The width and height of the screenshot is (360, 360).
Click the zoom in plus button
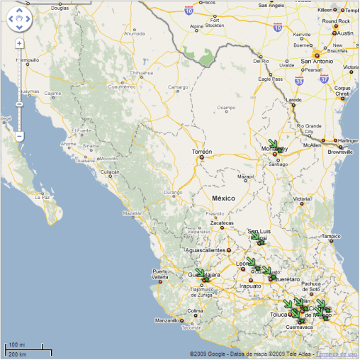(x=19, y=43)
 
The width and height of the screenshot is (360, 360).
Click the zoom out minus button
(x=19, y=135)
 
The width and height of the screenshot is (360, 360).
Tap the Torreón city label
(x=202, y=152)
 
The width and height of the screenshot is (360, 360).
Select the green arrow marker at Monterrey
(x=274, y=145)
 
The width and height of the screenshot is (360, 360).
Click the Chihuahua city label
(x=141, y=72)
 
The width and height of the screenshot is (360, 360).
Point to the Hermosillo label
(x=26, y=60)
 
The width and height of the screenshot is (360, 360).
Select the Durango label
(x=173, y=192)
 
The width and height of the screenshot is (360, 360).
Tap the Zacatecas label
(x=222, y=223)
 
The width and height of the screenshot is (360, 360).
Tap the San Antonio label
(x=319, y=61)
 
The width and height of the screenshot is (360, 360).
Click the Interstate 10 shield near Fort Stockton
(x=188, y=11)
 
